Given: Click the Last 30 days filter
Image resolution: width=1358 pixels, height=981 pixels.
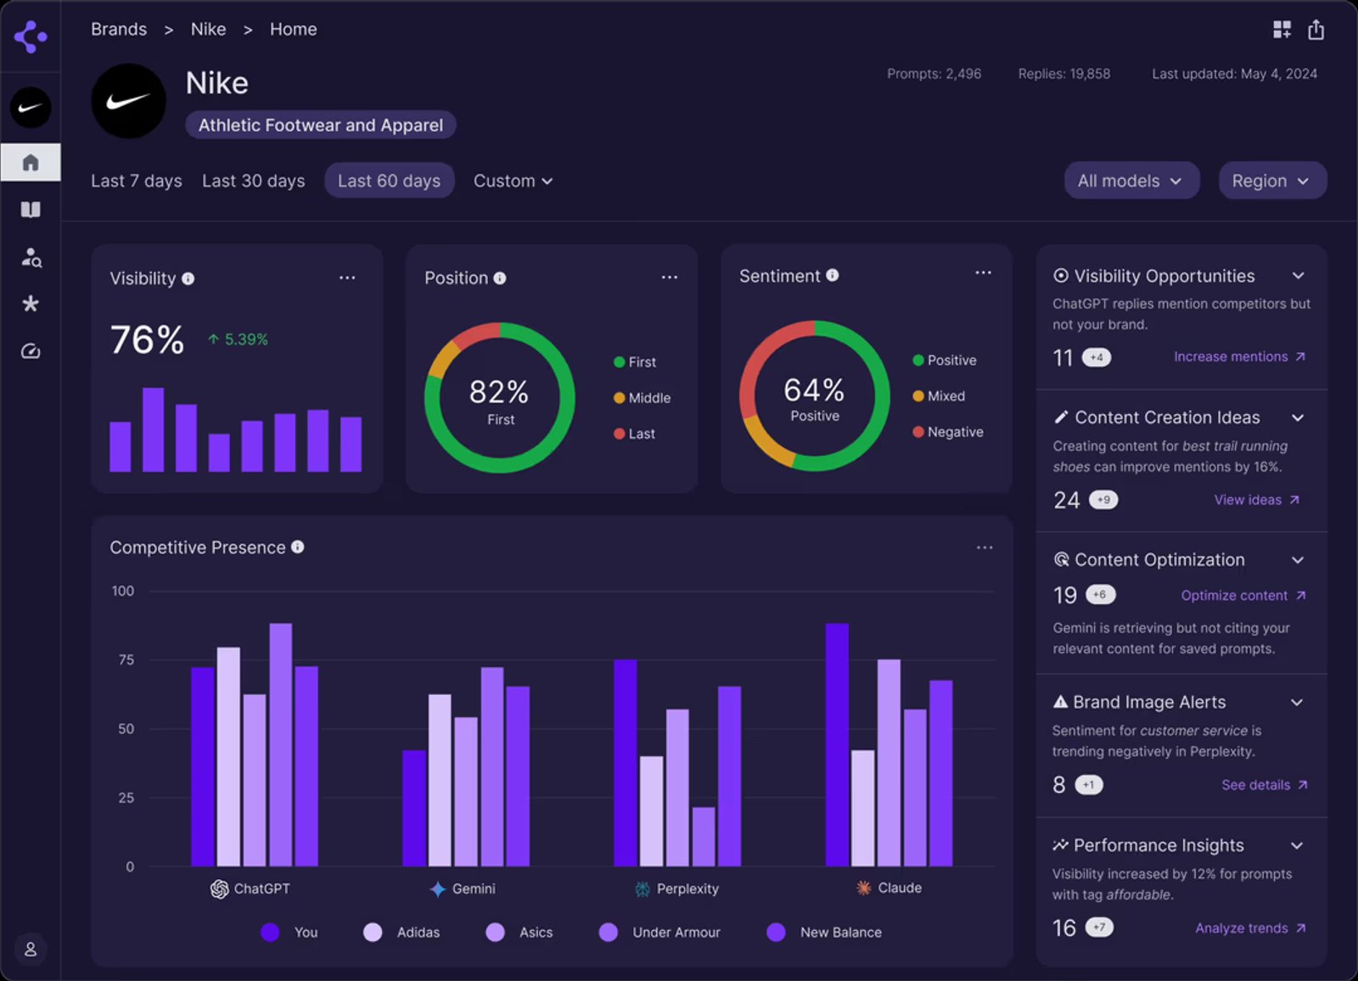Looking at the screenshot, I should pos(253,181).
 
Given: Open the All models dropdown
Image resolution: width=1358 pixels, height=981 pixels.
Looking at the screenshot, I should pos(1130,181).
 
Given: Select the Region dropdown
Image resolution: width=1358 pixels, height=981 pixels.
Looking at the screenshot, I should pos(1271,181).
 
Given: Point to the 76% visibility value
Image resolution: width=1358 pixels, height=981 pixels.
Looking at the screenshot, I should pos(147,340).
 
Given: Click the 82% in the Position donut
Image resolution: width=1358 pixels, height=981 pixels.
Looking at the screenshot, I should pos(499,392).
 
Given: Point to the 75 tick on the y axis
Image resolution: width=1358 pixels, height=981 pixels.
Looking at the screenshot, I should pos(126,659).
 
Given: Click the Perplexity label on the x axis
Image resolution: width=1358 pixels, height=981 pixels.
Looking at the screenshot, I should pos(687,889).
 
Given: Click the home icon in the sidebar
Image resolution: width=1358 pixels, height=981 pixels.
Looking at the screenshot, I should pos(31,162).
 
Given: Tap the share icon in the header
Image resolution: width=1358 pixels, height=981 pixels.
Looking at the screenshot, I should pos(1316,31).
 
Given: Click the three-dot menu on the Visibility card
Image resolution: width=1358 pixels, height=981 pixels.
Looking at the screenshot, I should pos(347,277).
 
